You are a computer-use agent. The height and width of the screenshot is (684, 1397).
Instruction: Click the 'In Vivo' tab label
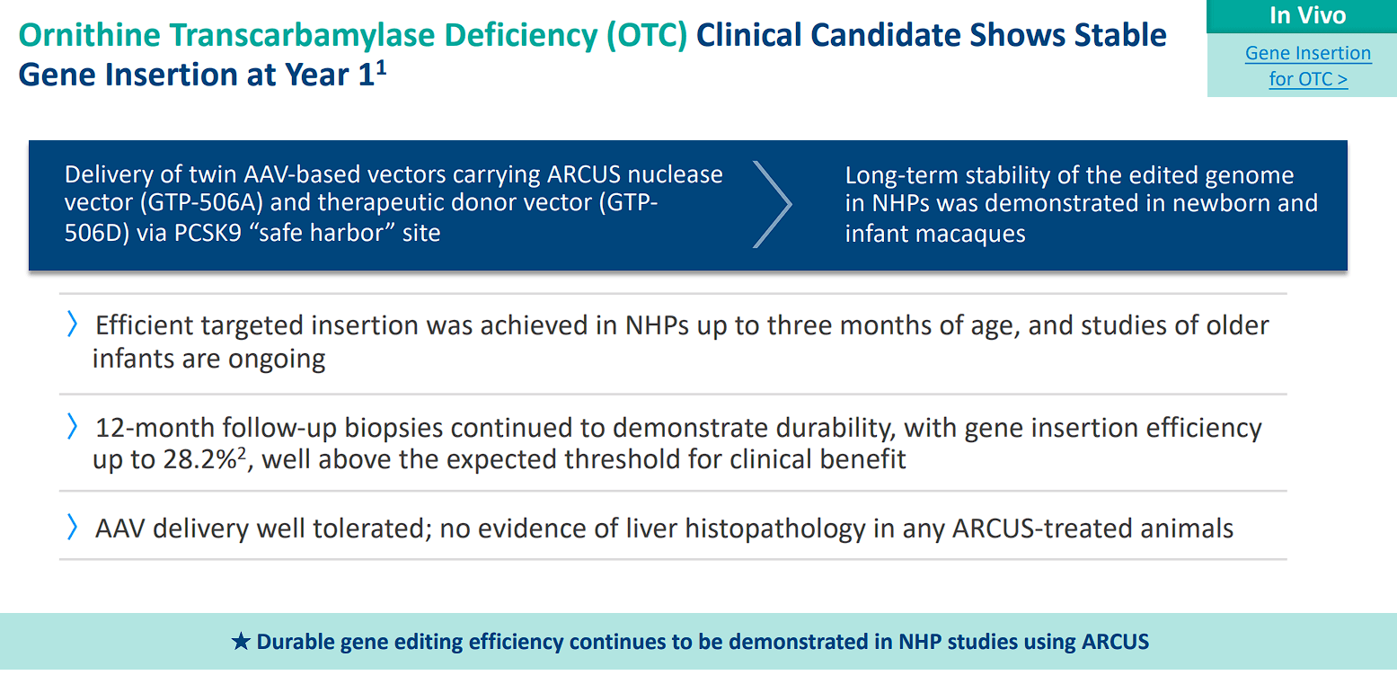click(1307, 15)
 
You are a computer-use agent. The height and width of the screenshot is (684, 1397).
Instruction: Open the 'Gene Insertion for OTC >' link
click(1307, 66)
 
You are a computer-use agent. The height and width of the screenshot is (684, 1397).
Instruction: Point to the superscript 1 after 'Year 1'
click(381, 67)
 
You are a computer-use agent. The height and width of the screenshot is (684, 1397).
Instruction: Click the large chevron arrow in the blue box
click(772, 204)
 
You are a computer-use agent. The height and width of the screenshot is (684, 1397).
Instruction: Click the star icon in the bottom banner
click(241, 642)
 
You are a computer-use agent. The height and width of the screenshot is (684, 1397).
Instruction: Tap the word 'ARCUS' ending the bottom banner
click(1115, 642)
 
